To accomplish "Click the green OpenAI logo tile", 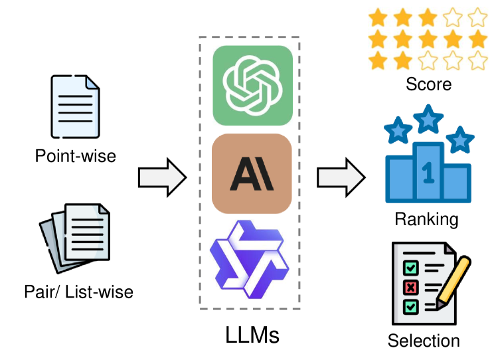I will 252,85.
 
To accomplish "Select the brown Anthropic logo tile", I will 252,174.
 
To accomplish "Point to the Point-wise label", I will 76,157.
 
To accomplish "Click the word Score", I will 428,84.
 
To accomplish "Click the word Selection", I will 424,341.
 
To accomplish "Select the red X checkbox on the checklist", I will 411,287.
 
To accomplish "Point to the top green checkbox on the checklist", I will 411,267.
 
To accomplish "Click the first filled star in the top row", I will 379,16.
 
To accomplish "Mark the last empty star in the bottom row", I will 478,61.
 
